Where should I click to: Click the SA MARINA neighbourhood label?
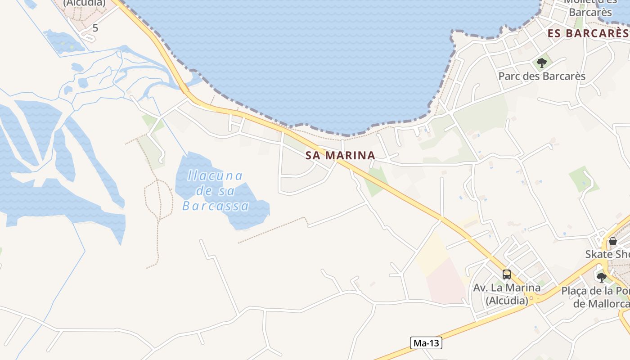click(x=340, y=156)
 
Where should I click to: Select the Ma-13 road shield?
click(x=426, y=343)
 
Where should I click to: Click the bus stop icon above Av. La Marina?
click(x=507, y=274)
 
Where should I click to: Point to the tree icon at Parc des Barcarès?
click(x=542, y=63)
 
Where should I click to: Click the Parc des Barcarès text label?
click(x=542, y=76)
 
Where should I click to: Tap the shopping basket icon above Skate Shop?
click(x=612, y=241)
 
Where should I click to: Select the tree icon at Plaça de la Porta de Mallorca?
click(x=601, y=277)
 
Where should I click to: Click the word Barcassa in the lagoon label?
click(x=216, y=206)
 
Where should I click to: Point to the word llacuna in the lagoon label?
click(x=215, y=175)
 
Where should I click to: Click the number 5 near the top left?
click(x=95, y=28)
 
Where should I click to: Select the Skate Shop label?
click(x=607, y=254)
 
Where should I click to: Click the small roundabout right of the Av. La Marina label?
click(x=534, y=298)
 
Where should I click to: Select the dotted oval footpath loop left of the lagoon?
click(x=158, y=200)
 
